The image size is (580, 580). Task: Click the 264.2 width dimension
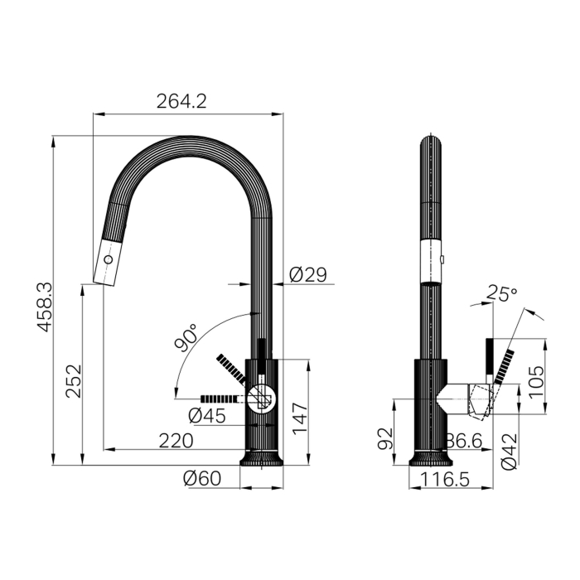pyautogui.click(x=181, y=101)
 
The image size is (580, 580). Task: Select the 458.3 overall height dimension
pyautogui.click(x=46, y=307)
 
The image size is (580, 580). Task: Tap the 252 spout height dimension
pyautogui.click(x=73, y=381)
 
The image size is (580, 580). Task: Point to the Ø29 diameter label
pyautogui.click(x=308, y=274)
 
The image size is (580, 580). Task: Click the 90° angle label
pyautogui.click(x=186, y=338)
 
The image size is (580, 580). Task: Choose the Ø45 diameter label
pyautogui.click(x=207, y=415)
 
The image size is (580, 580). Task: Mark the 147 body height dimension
pyautogui.click(x=300, y=419)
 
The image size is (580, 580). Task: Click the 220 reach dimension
pyautogui.click(x=176, y=441)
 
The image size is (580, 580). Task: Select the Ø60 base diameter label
pyautogui.click(x=202, y=478)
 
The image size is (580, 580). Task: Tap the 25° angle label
pyautogui.click(x=502, y=293)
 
